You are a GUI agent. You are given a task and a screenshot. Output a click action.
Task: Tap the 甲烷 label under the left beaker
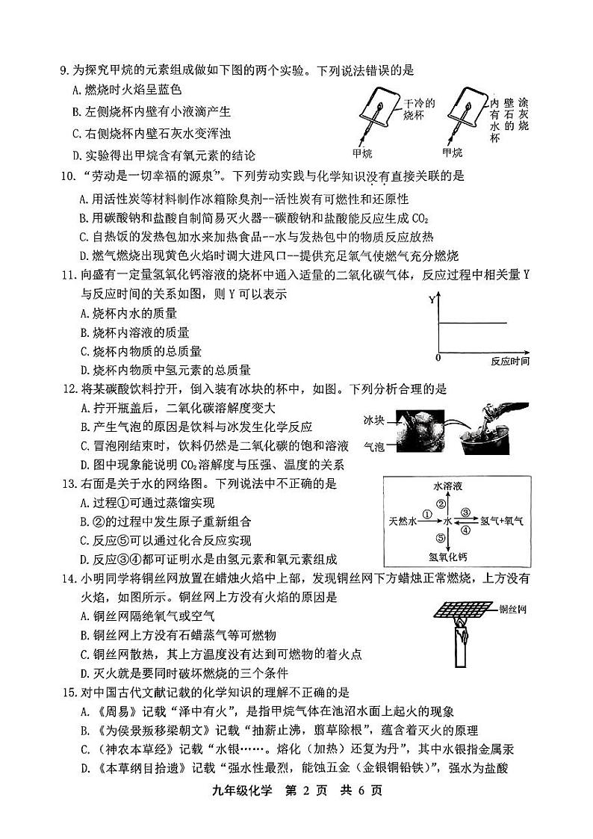click(x=363, y=152)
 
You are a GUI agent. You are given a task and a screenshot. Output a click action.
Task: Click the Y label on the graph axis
click(x=432, y=299)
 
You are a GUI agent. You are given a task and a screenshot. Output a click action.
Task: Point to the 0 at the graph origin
click(x=438, y=359)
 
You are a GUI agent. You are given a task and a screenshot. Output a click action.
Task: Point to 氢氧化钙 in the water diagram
click(x=447, y=556)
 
